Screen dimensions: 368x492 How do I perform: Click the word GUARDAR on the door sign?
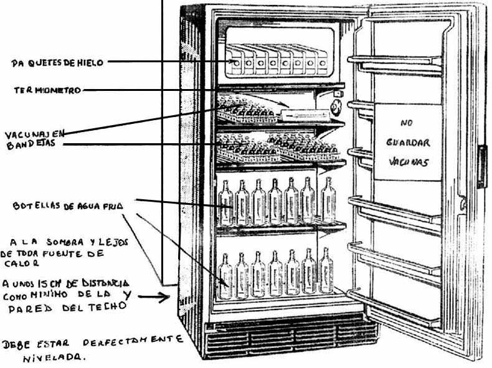click(x=408, y=143)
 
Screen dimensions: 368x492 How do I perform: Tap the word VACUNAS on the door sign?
click(x=406, y=161)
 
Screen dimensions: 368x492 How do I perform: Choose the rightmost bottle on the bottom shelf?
click(x=326, y=270)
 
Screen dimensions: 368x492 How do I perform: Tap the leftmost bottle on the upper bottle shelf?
click(x=227, y=202)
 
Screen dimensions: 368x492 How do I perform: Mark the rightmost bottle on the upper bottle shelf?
click(x=328, y=199)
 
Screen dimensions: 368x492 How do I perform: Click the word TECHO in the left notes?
click(x=108, y=306)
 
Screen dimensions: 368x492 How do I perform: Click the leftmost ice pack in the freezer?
click(x=236, y=61)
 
